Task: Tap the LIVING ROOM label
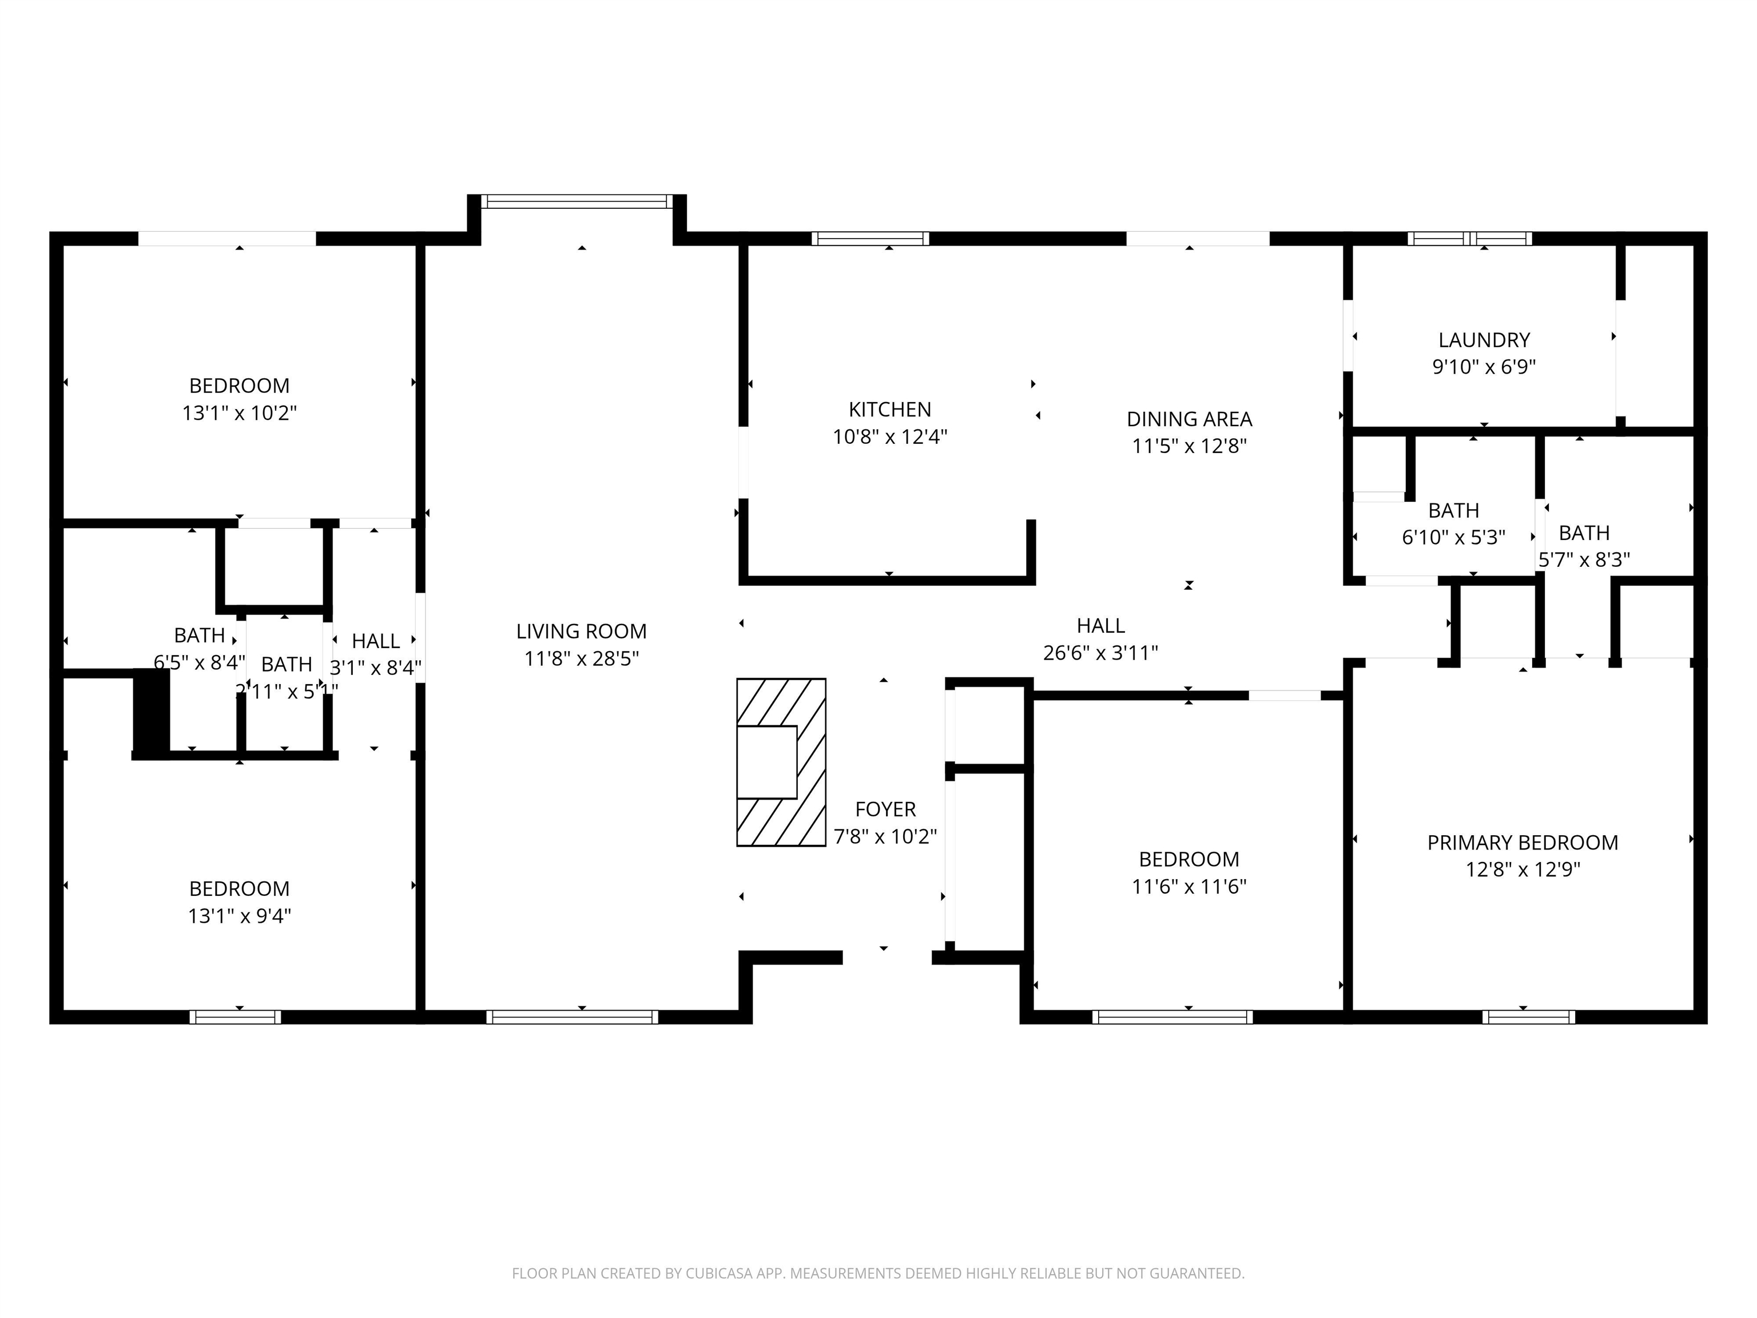582,632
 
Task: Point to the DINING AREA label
1189,419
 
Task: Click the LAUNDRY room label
1484,340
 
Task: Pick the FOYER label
885,809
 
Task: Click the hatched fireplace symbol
781,762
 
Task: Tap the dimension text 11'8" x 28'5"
582,658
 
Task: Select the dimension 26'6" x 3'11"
1100,653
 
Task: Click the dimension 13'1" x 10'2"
239,413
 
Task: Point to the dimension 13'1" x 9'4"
239,916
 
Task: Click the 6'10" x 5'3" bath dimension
1453,538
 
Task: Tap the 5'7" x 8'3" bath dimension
1584,560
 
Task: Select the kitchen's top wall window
870,239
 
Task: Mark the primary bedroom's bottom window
1528,1017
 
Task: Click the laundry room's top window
1470,239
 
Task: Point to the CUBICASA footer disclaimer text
878,1273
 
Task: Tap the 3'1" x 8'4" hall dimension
376,668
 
